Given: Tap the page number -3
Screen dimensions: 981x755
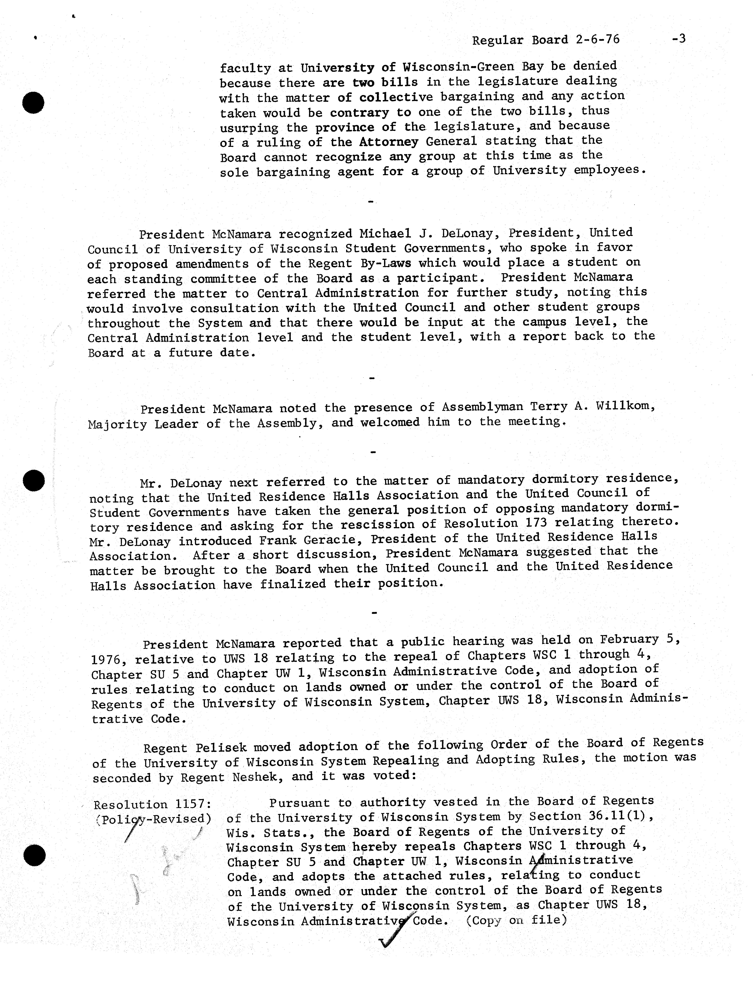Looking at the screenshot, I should [679, 39].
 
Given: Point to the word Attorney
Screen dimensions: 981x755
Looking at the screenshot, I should [389, 142].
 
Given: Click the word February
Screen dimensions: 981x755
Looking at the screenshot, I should [629, 640].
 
